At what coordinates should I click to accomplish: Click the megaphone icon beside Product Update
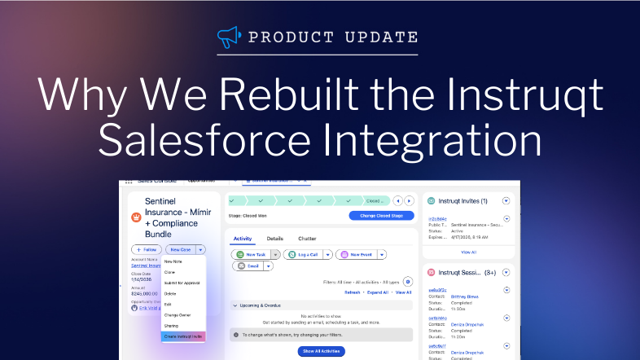click(231, 37)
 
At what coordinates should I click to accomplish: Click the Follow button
click(146, 249)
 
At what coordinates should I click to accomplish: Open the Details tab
click(275, 239)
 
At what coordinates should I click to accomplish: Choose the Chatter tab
click(306, 239)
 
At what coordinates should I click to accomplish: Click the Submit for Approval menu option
click(182, 283)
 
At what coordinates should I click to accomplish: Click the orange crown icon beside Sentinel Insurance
click(136, 217)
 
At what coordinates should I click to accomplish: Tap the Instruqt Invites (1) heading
click(462, 200)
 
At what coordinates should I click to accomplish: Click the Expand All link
click(378, 292)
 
